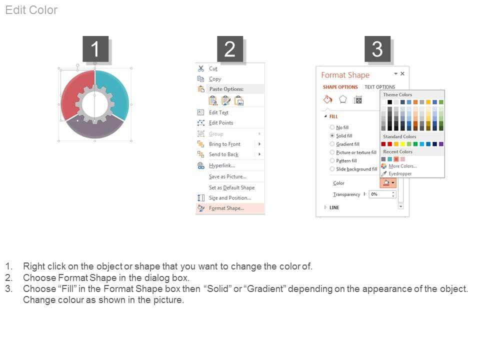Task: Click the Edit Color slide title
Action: pos(31,10)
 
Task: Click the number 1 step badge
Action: pos(95,48)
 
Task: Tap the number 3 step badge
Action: pos(377,48)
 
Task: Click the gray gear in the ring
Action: pos(95,104)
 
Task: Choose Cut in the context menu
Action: pos(213,68)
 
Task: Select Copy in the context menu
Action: pos(215,79)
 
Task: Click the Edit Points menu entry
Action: pos(221,123)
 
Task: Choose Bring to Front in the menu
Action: pos(224,144)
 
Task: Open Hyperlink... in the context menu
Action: pos(222,165)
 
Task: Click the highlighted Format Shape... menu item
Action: pos(226,208)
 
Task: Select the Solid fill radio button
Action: pos(332,135)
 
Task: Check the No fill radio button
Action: pos(332,127)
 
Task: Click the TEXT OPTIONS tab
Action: pos(379,87)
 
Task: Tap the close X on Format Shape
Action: pos(402,73)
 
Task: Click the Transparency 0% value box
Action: pos(382,194)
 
